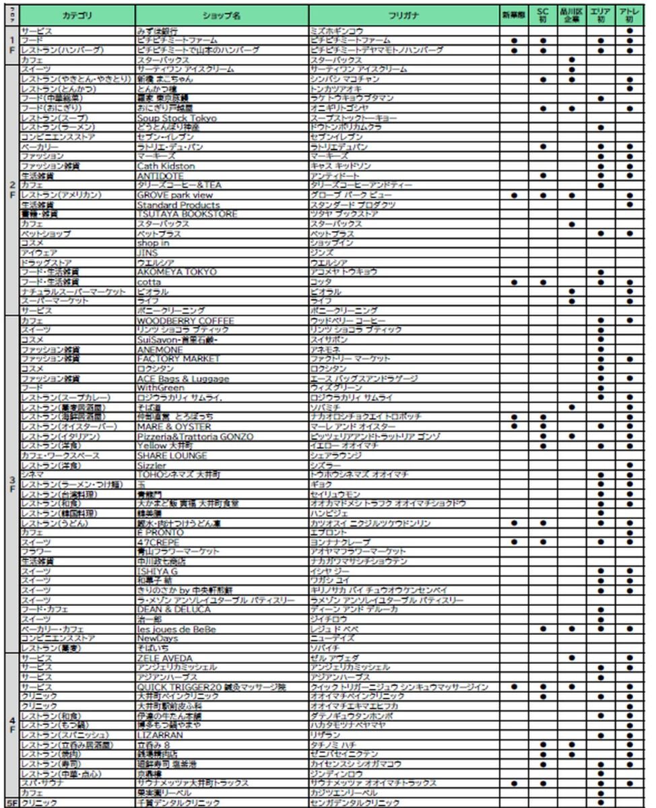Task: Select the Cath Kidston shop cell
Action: click(166, 166)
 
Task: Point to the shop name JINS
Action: click(147, 252)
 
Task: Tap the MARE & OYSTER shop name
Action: click(174, 426)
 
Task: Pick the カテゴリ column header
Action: click(76, 14)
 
